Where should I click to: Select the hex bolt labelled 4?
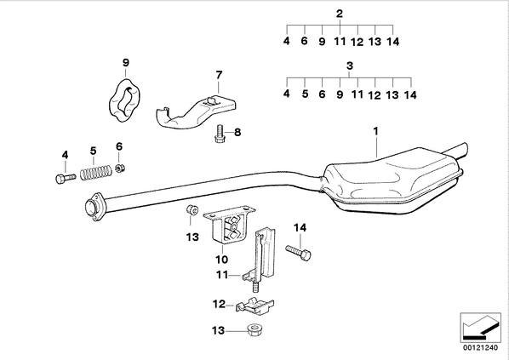click(x=66, y=178)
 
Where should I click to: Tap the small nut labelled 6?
click(x=120, y=169)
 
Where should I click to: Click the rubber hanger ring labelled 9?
click(x=124, y=100)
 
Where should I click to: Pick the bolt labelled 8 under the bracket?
click(x=220, y=134)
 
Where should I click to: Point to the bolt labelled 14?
click(x=298, y=252)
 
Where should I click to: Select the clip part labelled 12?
click(x=255, y=306)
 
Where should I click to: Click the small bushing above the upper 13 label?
click(x=192, y=209)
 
